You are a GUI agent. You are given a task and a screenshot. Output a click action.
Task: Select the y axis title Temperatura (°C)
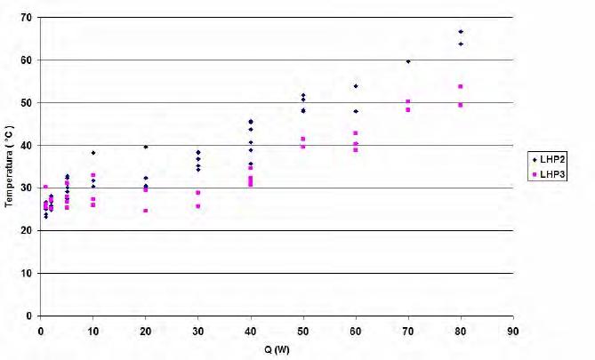(8, 167)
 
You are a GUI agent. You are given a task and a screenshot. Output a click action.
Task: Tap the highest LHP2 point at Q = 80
(461, 32)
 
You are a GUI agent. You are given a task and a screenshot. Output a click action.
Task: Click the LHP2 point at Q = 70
(408, 61)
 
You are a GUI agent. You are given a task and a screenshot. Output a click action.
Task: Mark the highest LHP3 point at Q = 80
(461, 86)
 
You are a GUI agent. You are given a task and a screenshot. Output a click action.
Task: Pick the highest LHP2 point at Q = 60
(356, 86)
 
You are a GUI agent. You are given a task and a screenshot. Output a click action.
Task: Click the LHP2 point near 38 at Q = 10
(93, 153)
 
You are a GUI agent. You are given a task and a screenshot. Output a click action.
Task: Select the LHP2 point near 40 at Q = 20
(146, 147)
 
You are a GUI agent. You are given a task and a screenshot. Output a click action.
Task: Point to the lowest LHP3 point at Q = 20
(146, 211)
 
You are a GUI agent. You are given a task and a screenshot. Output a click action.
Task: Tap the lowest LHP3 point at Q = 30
(198, 206)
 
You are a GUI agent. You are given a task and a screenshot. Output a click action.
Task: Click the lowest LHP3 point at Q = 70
(408, 109)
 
